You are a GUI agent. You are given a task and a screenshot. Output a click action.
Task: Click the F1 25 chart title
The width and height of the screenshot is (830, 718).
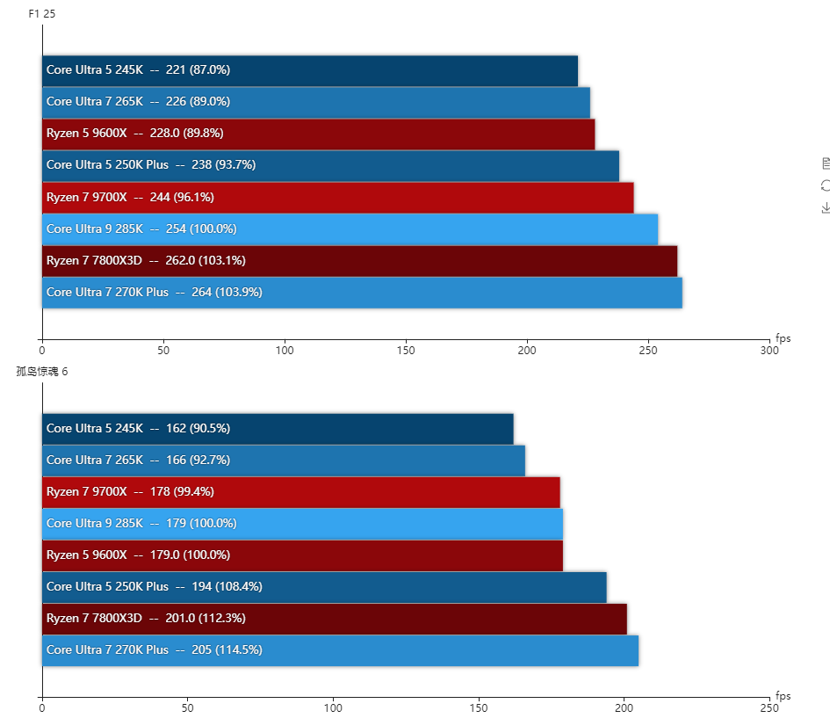pyautogui.click(x=42, y=14)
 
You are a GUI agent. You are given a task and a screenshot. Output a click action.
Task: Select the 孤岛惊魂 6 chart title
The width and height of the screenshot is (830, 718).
pyautogui.click(x=41, y=371)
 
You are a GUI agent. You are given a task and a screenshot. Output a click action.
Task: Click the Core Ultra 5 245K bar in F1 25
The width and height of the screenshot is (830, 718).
pyautogui.click(x=309, y=70)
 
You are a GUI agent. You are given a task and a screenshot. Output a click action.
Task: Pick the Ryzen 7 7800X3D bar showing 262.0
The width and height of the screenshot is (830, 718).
pyautogui.click(x=359, y=261)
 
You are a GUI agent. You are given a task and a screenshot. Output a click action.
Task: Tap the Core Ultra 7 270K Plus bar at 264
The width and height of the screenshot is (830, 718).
pyautogui.click(x=362, y=293)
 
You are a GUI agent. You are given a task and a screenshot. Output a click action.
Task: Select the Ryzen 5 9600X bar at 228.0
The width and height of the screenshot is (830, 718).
pyautogui.click(x=318, y=134)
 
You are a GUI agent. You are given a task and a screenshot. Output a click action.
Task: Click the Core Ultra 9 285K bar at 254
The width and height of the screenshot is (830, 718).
pyautogui.click(x=350, y=229)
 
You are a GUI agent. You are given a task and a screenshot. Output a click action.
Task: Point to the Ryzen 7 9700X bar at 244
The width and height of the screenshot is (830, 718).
pyautogui.click(x=337, y=197)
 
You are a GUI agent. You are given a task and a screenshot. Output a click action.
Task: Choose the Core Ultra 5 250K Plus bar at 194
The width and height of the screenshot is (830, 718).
pyautogui.click(x=324, y=587)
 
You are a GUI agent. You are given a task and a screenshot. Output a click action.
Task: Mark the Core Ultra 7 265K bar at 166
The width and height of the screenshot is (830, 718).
pyautogui.click(x=283, y=461)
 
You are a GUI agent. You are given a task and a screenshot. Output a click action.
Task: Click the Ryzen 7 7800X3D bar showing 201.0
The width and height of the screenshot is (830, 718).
pyautogui.click(x=334, y=619)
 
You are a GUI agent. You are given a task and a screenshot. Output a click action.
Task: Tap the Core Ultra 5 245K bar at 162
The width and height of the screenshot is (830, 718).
pyautogui.click(x=278, y=429)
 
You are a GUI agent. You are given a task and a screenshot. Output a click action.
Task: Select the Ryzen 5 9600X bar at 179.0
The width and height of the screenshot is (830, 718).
pyautogui.click(x=302, y=555)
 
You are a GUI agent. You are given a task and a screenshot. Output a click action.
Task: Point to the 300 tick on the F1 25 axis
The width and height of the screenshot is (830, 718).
pyautogui.click(x=769, y=351)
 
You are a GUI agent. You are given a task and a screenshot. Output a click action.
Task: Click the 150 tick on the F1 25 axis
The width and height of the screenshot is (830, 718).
pyautogui.click(x=406, y=351)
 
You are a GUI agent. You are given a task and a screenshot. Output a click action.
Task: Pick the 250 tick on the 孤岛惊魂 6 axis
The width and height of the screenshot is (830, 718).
pyautogui.click(x=769, y=707)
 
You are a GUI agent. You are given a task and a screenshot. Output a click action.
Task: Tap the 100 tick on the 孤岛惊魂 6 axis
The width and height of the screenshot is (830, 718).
pyautogui.click(x=333, y=707)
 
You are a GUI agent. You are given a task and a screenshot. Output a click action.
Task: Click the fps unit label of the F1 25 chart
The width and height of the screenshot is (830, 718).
pyautogui.click(x=783, y=338)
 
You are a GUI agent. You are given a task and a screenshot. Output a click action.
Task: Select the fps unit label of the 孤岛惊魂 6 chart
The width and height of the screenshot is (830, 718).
pyautogui.click(x=783, y=696)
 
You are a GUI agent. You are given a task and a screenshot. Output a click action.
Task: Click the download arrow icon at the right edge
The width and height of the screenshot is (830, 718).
pyautogui.click(x=826, y=207)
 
